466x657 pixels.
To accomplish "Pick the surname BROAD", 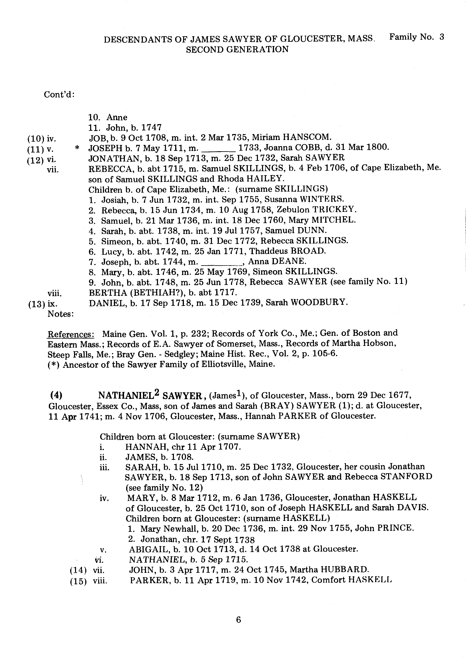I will coord(308,251).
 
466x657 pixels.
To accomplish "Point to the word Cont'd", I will coord(59,95).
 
